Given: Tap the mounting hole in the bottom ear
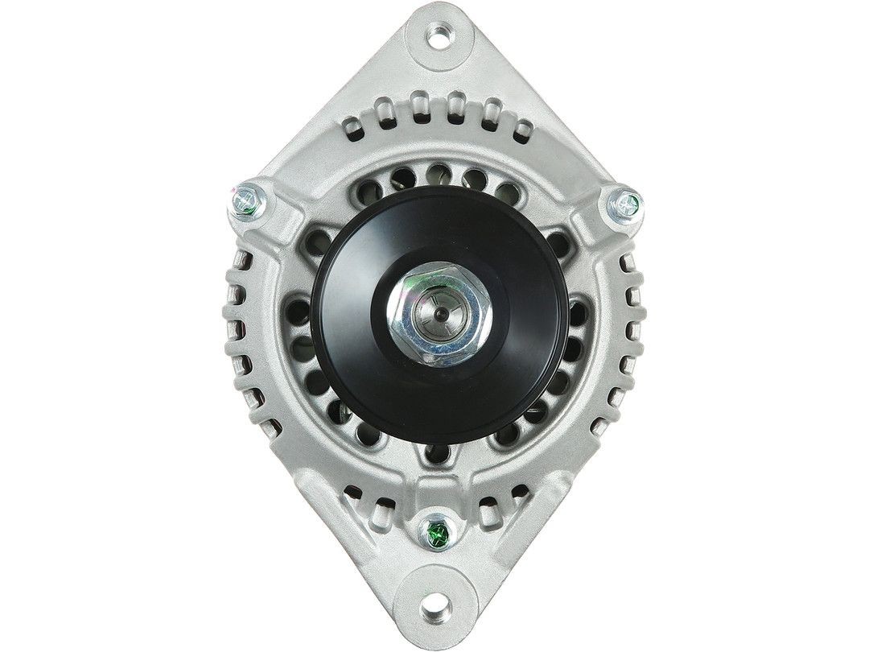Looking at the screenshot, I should pyautogui.click(x=434, y=603).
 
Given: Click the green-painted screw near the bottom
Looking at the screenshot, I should pyautogui.click(x=437, y=531).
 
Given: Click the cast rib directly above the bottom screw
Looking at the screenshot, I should pyautogui.click(x=434, y=483).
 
